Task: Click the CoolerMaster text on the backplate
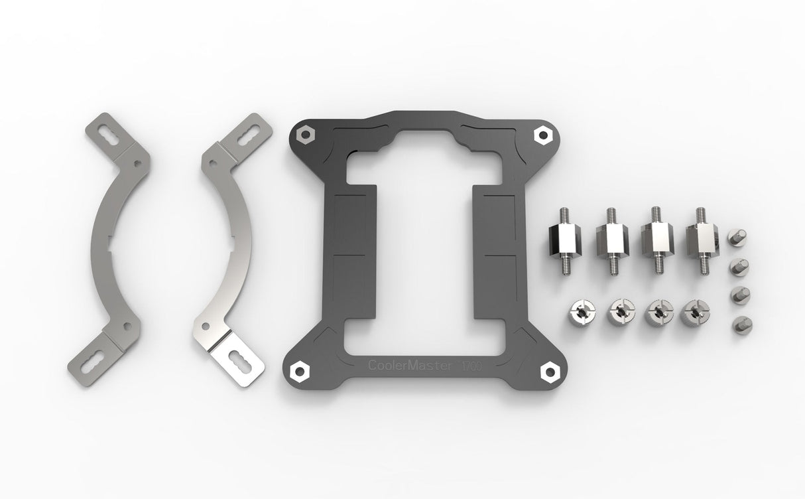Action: [410, 366]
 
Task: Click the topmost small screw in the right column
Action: [738, 236]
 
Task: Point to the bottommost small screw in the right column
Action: [738, 324]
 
